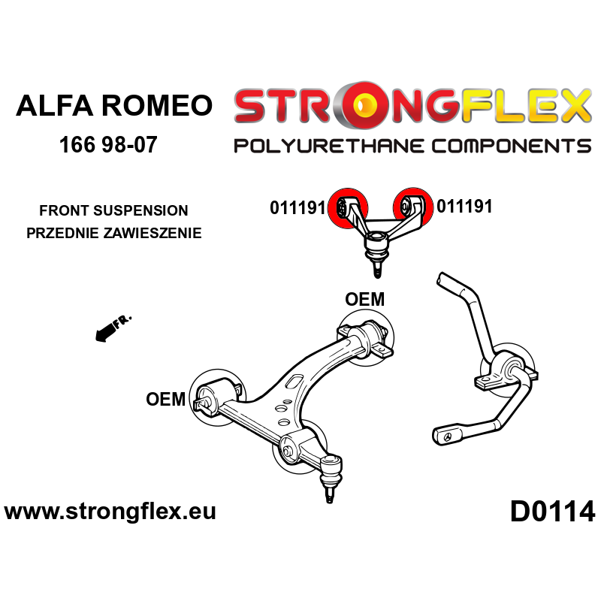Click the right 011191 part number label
pyautogui.click(x=464, y=207)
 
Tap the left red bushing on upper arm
pyautogui.click(x=349, y=206)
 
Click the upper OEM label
pyautogui.click(x=364, y=300)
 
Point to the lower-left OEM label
pyautogui.click(x=166, y=399)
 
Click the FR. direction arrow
pyautogui.click(x=113, y=329)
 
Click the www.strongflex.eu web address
pyautogui.click(x=110, y=512)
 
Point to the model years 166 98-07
pyautogui.click(x=108, y=144)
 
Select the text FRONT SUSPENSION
pyautogui.click(x=114, y=211)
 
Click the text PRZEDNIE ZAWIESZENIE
pyautogui.click(x=114, y=233)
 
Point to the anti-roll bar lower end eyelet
pyautogui.click(x=449, y=435)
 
